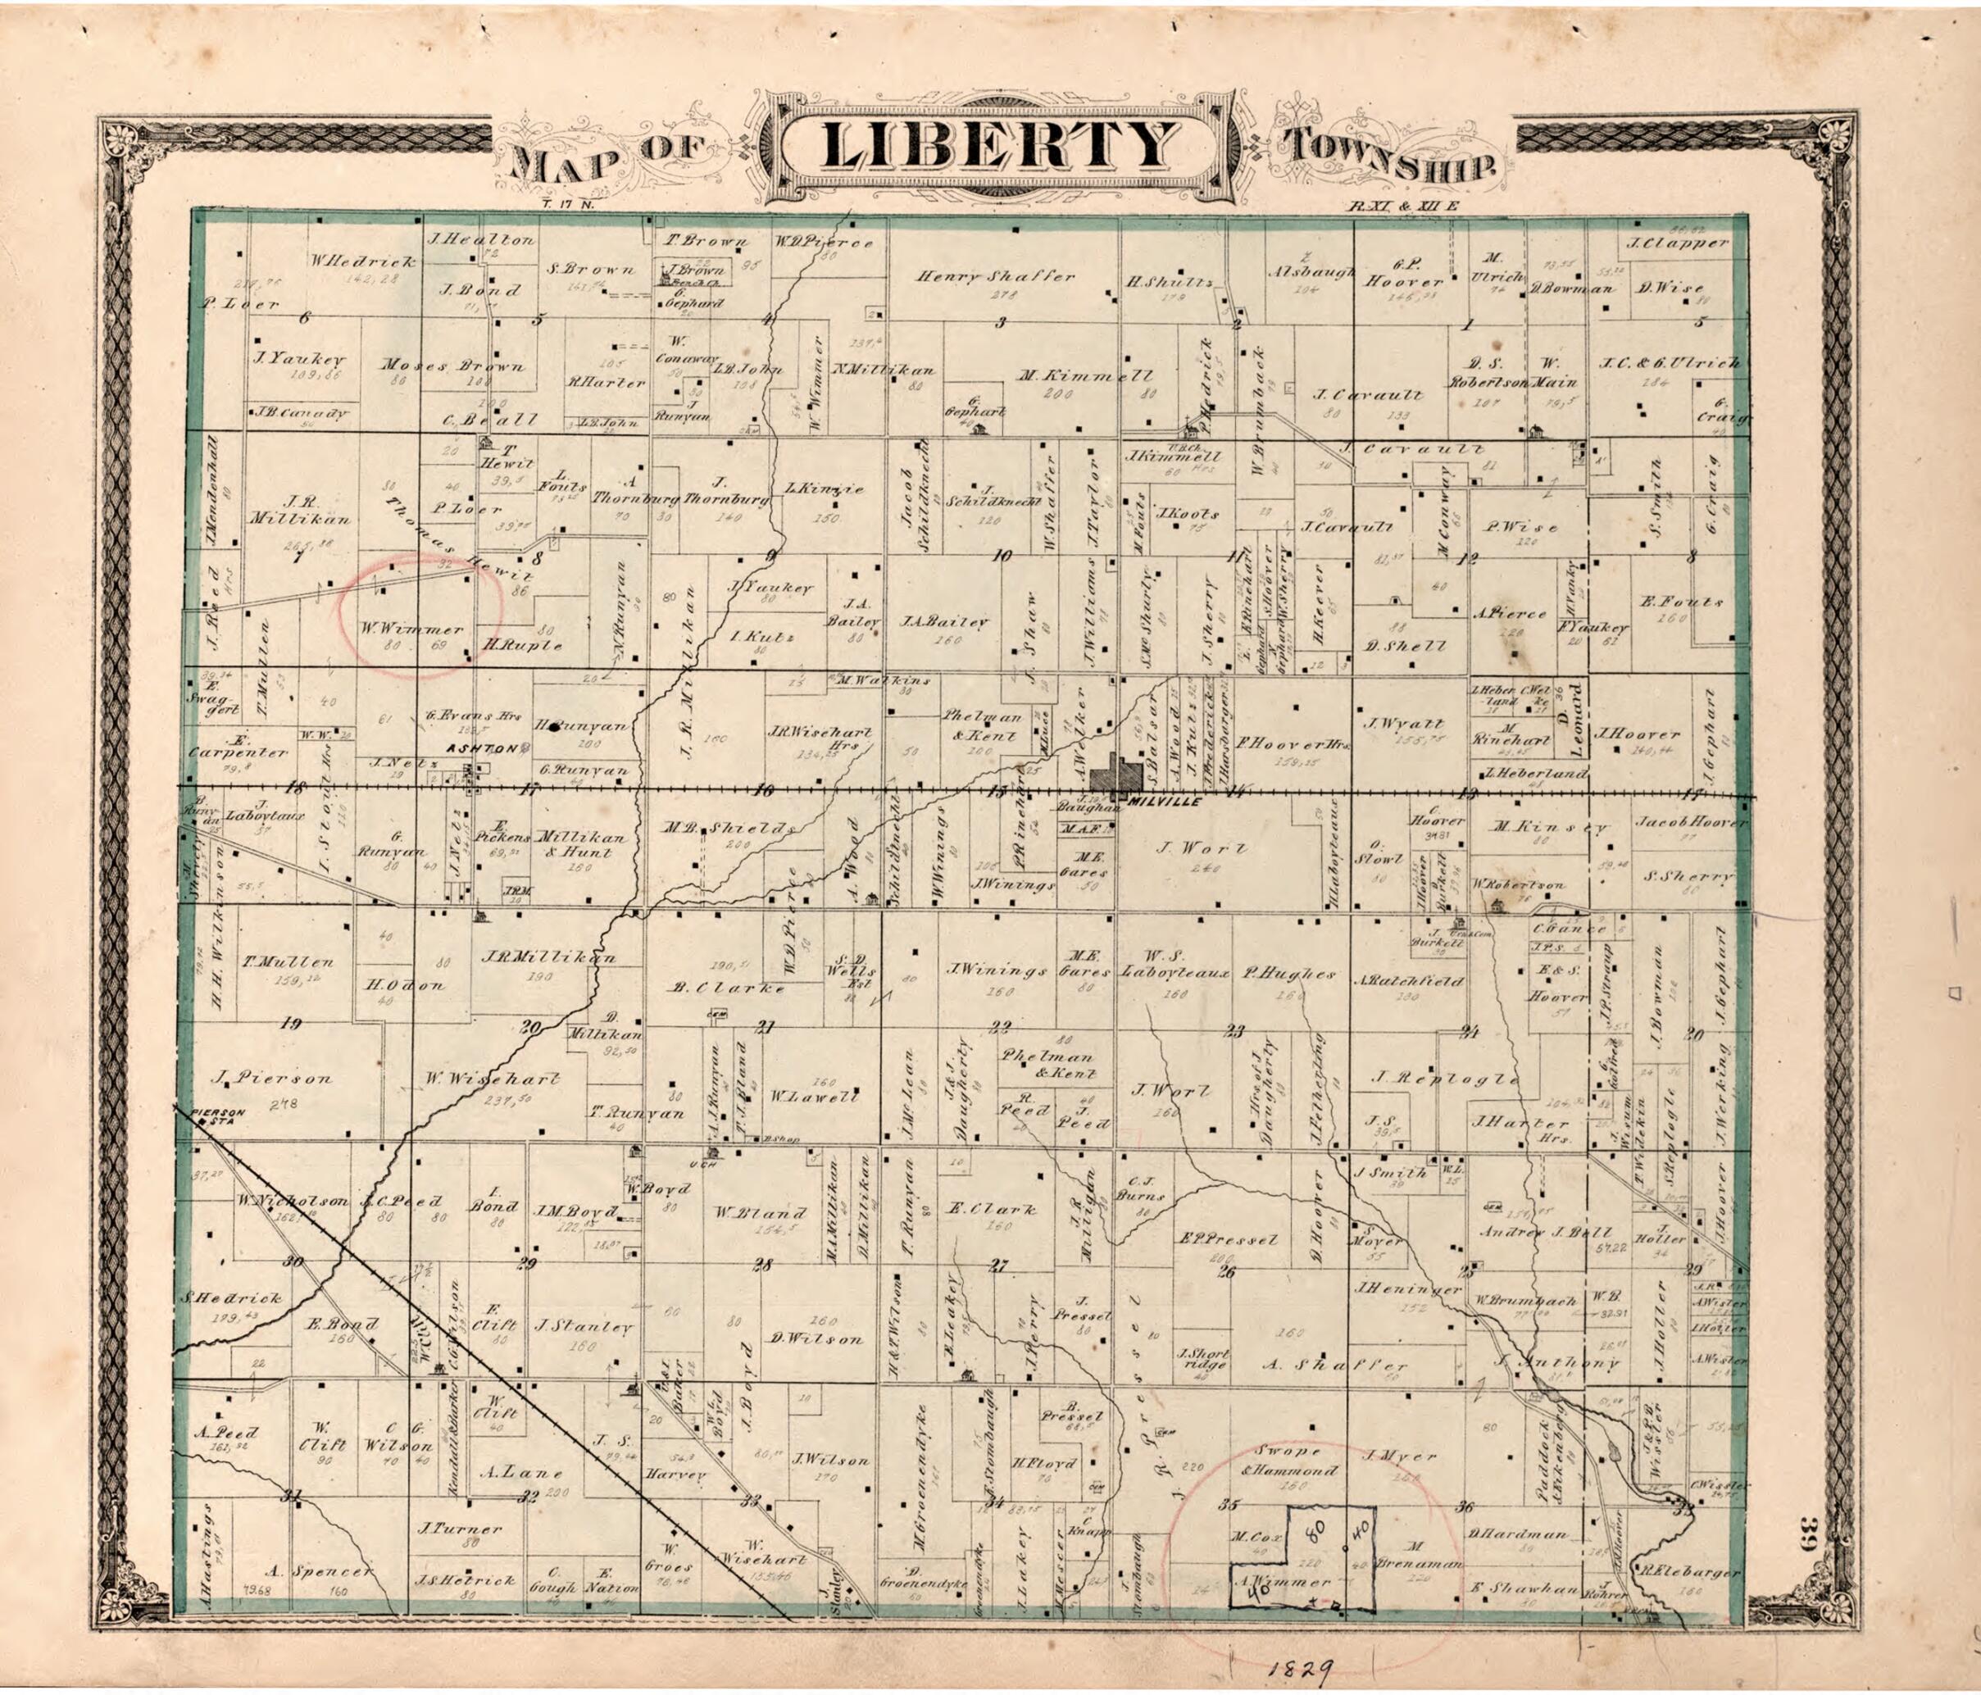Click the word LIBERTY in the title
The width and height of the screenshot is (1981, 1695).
click(1000, 145)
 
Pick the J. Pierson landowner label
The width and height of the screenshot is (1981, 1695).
click(275, 1079)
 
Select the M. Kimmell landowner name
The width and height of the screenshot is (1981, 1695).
click(1085, 375)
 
